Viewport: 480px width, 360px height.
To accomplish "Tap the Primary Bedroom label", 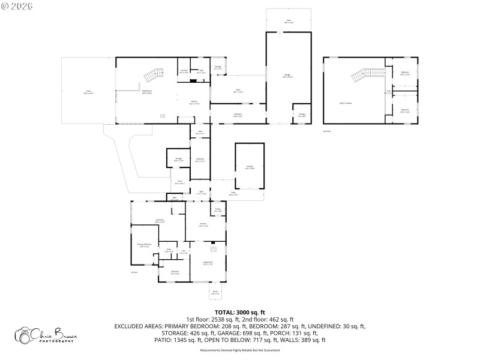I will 144,245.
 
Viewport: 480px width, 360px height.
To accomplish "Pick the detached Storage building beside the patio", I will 249,167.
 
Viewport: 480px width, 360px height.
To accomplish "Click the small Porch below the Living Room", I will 215,293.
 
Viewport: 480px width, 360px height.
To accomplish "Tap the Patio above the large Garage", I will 289,22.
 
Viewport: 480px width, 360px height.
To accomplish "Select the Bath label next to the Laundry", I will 202,71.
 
